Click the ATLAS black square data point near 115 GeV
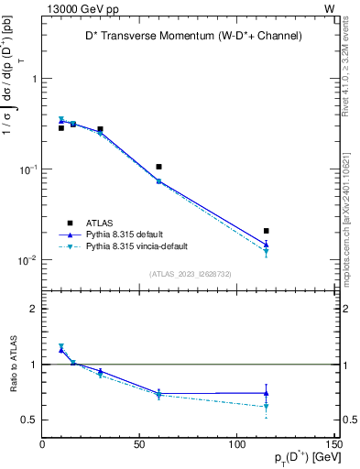pyautogui.click(x=267, y=231)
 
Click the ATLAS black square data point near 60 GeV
pyautogui.click(x=159, y=167)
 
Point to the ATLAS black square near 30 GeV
pyautogui.click(x=100, y=129)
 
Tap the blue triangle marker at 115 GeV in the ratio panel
pyautogui.click(x=267, y=393)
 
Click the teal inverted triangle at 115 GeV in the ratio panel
pyautogui.click(x=267, y=406)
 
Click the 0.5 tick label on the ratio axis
pyautogui.click(x=30, y=420)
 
